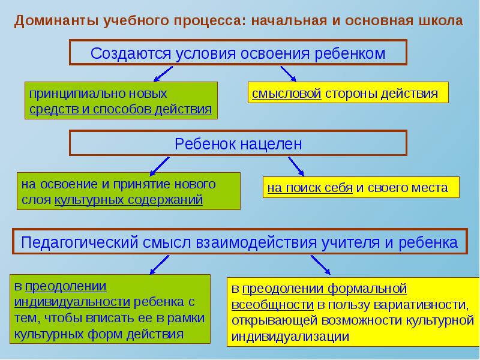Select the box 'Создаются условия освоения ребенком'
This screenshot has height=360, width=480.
[x=238, y=53]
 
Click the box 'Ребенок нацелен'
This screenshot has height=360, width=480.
[x=238, y=144]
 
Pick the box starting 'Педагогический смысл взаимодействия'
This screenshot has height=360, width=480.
[x=239, y=243]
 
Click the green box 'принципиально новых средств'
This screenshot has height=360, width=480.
[x=121, y=101]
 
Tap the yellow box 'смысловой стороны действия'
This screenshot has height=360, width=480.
[x=348, y=94]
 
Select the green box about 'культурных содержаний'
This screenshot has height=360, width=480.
[x=128, y=191]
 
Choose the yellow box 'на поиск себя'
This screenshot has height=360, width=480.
[x=361, y=187]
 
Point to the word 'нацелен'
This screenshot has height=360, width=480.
[x=272, y=144]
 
